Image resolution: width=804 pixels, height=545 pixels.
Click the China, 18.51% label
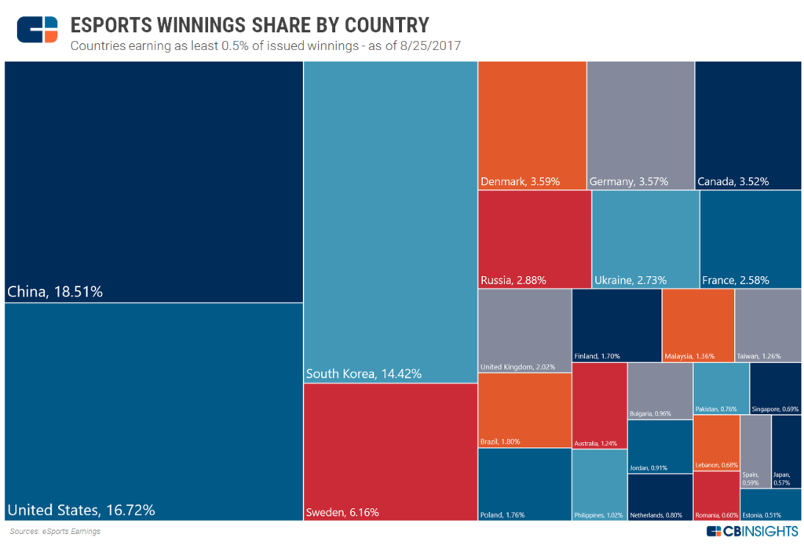tap(55, 292)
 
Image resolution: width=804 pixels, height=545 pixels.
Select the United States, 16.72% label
tap(81, 510)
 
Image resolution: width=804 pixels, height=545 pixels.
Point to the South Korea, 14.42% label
tap(364, 374)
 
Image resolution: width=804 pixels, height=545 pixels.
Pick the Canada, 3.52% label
tap(733, 182)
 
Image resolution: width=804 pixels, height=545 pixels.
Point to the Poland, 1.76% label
tap(502, 515)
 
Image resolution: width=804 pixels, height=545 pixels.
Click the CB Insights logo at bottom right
tap(751, 532)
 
